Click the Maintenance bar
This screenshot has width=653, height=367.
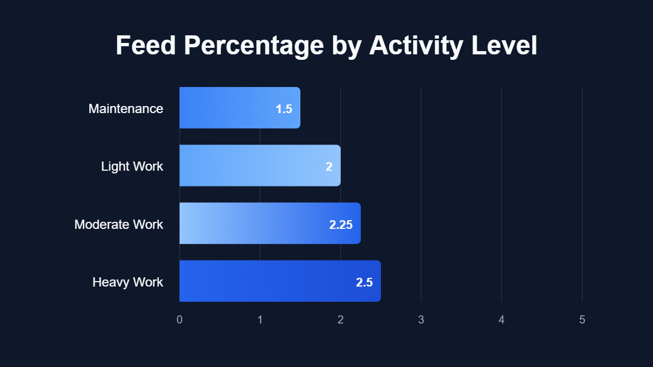click(239, 108)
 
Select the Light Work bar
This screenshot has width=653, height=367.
click(260, 165)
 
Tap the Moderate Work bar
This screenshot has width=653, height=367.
click(270, 223)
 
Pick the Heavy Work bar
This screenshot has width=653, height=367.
click(280, 281)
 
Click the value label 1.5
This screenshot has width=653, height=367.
click(284, 109)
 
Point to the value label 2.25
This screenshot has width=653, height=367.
click(341, 225)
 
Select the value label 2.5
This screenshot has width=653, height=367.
click(364, 282)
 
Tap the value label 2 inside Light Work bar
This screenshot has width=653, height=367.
click(329, 166)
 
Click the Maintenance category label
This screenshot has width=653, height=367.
click(126, 109)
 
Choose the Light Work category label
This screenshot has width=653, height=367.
click(132, 166)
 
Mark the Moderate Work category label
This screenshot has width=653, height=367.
click(119, 224)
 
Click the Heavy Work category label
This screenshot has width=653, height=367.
click(128, 282)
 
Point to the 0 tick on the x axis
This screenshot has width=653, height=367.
click(180, 320)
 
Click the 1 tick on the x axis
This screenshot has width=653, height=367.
click(260, 320)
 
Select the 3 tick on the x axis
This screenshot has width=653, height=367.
click(421, 320)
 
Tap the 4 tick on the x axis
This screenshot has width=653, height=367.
click(502, 320)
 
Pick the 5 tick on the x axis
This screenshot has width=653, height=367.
click(582, 320)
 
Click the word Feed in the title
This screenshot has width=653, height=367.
click(146, 46)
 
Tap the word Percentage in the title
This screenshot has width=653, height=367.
click(254, 46)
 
